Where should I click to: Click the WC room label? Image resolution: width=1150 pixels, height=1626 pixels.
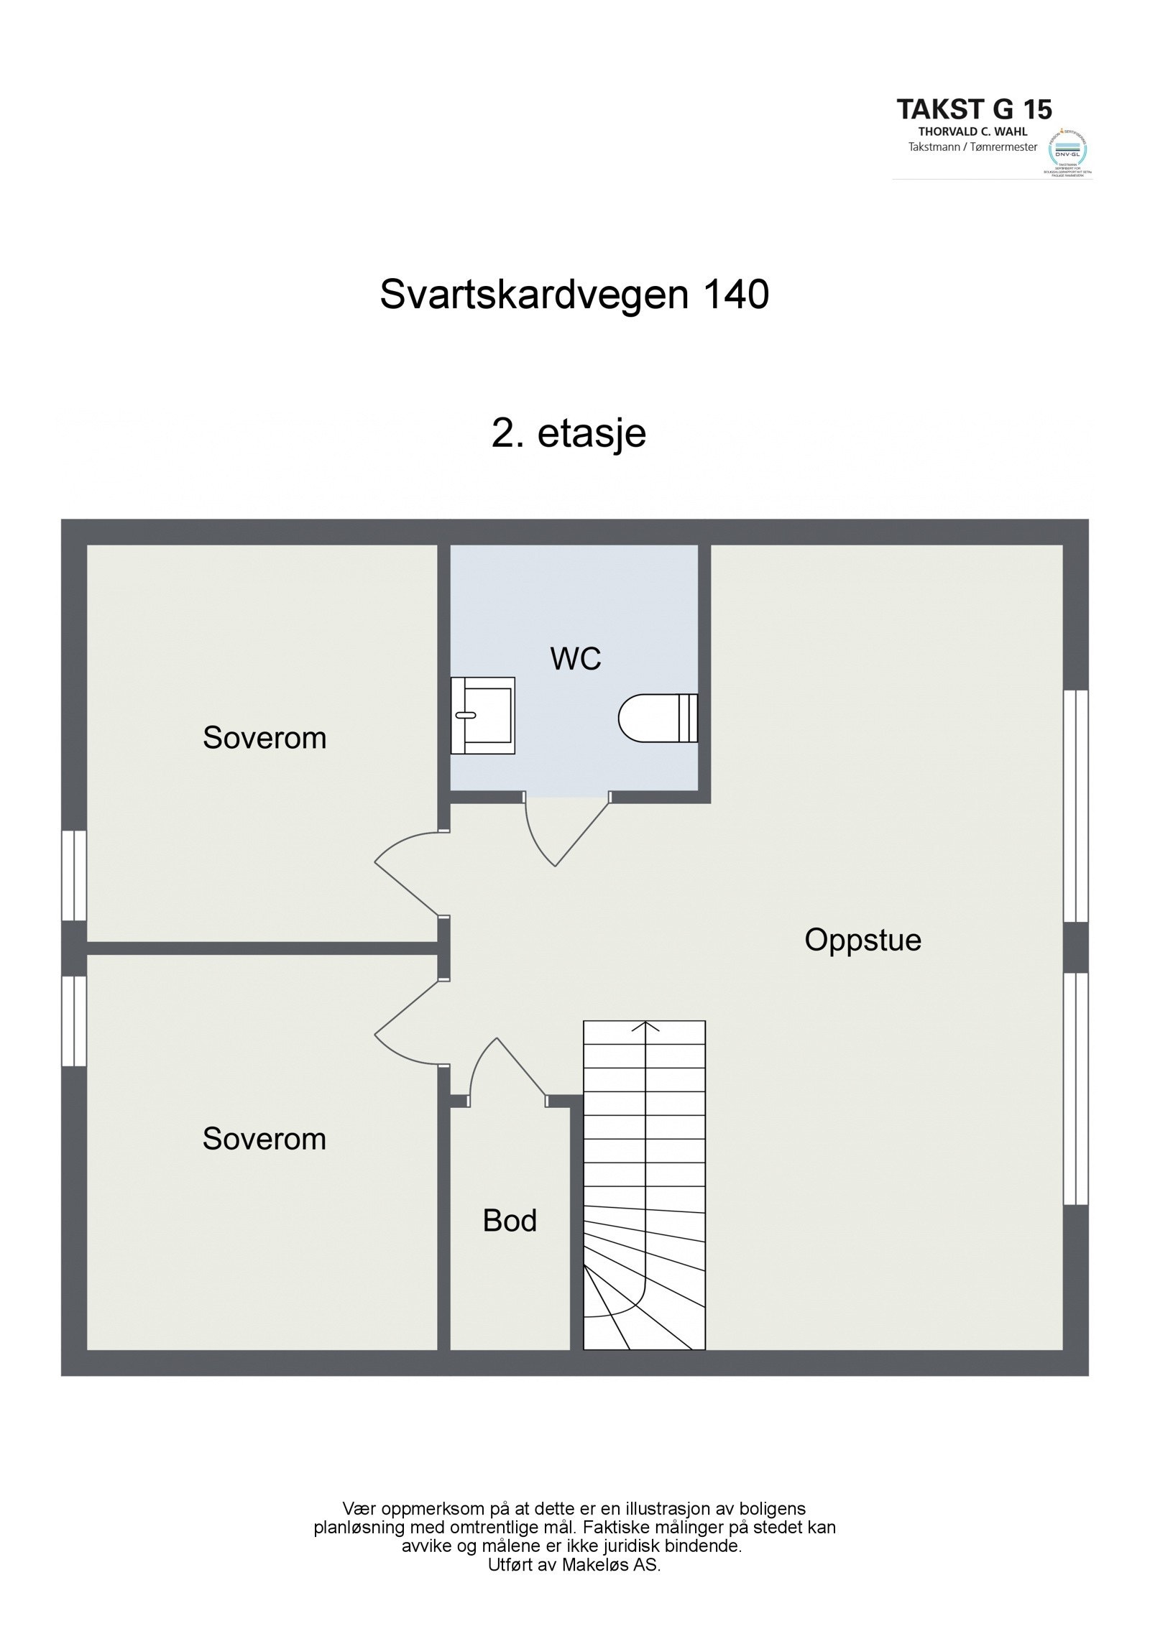click(x=575, y=659)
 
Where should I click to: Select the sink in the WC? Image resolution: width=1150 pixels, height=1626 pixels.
click(x=483, y=715)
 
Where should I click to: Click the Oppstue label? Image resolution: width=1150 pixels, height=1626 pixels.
click(x=862, y=940)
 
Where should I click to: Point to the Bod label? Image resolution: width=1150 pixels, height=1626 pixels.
click(x=510, y=1221)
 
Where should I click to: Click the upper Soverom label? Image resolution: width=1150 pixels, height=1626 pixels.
click(x=264, y=738)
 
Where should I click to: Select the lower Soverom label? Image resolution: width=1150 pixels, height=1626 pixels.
click(x=264, y=1139)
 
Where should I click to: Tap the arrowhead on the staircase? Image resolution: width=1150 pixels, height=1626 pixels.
click(x=645, y=1026)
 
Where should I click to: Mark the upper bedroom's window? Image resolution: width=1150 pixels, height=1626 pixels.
click(x=74, y=875)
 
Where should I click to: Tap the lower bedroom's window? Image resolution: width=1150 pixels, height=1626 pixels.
click(x=74, y=1020)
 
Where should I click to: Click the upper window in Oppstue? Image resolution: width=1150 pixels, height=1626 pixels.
click(x=1075, y=806)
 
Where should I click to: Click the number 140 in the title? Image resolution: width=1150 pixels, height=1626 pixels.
click(x=736, y=295)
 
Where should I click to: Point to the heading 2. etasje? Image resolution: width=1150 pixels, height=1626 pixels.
click(x=569, y=433)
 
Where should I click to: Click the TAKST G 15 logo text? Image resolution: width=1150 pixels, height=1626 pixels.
click(x=974, y=110)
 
